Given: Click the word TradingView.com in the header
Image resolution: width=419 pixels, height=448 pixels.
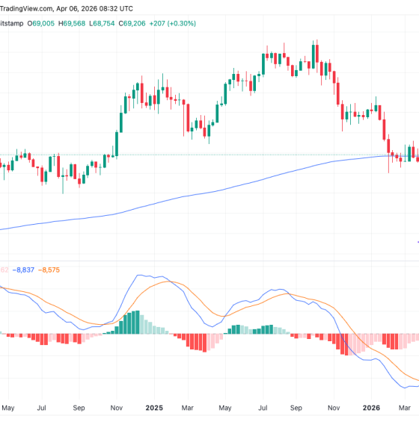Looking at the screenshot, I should tap(28, 8).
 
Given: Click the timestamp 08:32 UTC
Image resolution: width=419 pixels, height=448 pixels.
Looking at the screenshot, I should tap(116, 8).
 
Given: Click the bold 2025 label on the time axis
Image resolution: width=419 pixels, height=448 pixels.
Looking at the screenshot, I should tap(154, 408).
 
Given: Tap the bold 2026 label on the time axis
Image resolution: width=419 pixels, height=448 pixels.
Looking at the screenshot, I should tap(372, 408).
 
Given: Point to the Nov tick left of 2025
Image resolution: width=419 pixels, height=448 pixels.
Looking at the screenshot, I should tap(116, 408).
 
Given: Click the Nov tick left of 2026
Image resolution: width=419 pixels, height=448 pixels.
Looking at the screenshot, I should tap(334, 408).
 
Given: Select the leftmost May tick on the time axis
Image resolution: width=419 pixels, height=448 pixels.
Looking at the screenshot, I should tap(9, 408).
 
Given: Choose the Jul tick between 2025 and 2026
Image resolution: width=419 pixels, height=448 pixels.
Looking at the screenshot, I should tap(262, 408).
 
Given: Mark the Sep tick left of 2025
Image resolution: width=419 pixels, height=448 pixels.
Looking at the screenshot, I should tap(79, 408).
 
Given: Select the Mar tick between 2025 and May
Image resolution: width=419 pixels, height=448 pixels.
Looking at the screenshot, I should tap(189, 408).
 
